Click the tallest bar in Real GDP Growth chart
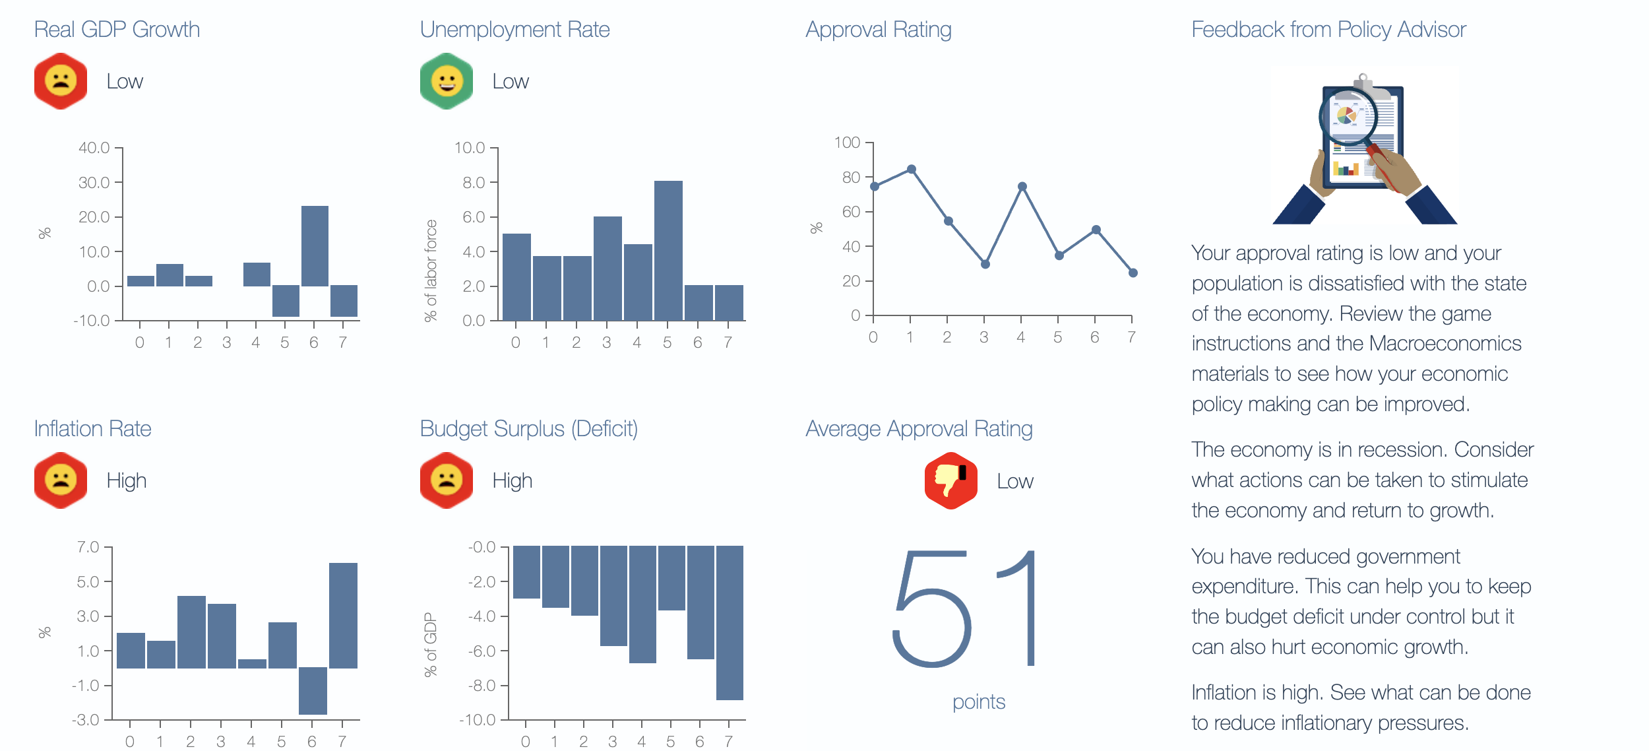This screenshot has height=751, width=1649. pos(315,246)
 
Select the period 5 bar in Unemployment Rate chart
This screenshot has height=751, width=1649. pos(668,251)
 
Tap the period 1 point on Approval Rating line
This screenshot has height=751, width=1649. pos(911,170)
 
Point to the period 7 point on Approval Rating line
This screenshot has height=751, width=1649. pos(1133,273)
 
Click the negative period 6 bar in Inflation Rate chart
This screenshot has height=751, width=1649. pos(313,691)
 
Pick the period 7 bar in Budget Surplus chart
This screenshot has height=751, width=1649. pos(730,623)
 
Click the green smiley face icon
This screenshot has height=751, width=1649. pos(447,81)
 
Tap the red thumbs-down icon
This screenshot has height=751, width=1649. pos(950,481)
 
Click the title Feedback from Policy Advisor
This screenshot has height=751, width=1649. pos(1328,30)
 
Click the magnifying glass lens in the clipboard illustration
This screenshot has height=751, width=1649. pos(1348,117)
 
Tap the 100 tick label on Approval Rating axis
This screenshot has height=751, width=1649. pos(847,143)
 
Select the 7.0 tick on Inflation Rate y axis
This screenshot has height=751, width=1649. pos(88,547)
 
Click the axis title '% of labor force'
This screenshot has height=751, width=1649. pos(431,271)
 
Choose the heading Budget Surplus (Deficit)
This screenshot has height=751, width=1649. pos(529,429)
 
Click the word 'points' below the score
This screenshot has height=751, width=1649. pos(979,702)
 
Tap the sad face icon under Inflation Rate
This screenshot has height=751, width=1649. pos(61,480)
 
